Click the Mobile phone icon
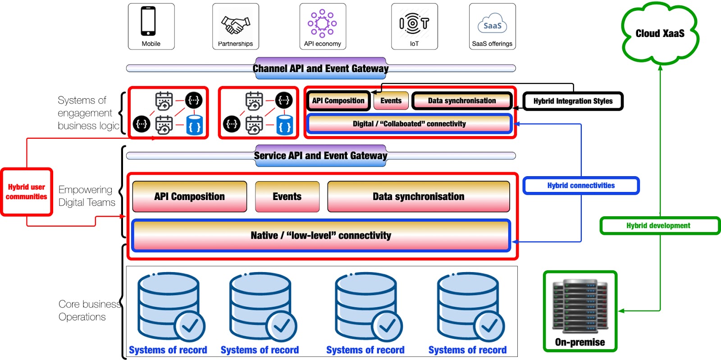(148, 21)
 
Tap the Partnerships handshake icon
(236, 25)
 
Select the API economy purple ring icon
(322, 23)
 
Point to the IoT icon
(414, 23)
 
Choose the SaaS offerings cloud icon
(493, 23)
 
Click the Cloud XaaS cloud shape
(660, 33)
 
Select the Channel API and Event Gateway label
(320, 68)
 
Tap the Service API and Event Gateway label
(320, 156)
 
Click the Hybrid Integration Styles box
(573, 101)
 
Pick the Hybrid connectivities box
(581, 186)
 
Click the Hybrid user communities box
(27, 192)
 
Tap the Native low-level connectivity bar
(321, 236)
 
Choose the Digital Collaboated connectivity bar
(409, 124)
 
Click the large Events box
(287, 196)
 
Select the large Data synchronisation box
(419, 196)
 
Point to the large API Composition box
(190, 196)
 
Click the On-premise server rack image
(580, 306)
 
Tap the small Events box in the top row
(391, 100)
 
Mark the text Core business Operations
(90, 310)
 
